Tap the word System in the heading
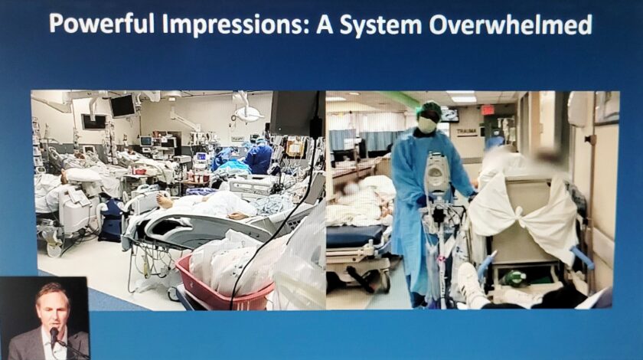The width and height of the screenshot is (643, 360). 380,25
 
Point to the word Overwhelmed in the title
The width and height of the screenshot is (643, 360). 510,25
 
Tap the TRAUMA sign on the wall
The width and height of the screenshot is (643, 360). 467,133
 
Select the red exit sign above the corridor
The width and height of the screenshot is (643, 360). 487,110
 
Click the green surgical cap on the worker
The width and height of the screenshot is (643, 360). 429,110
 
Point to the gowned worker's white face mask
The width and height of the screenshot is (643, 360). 427,125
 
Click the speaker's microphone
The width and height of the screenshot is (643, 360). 54,332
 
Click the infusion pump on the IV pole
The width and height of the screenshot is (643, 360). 437,172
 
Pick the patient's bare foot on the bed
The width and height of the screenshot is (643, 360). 163,201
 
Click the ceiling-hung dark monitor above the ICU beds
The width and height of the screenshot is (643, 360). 122,106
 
